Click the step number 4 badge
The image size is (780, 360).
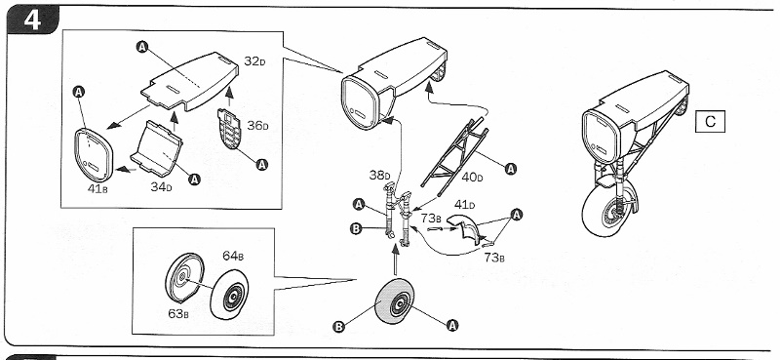(32, 20)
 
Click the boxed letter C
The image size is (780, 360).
(710, 122)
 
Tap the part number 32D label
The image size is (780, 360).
(254, 61)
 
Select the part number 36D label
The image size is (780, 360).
(257, 126)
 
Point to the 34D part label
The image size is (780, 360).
(162, 187)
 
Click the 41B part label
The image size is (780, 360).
(97, 189)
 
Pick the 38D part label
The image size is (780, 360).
(379, 176)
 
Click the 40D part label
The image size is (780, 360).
(472, 177)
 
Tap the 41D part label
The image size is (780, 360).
(464, 204)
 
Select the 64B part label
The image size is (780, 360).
(233, 257)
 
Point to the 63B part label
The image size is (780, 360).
(177, 314)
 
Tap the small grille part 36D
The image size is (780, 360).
(229, 129)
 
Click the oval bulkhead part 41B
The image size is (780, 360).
(93, 155)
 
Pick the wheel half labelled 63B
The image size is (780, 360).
(184, 277)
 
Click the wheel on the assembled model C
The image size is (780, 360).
(610, 209)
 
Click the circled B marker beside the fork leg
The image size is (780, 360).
(356, 228)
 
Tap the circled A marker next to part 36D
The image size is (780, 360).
(262, 164)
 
